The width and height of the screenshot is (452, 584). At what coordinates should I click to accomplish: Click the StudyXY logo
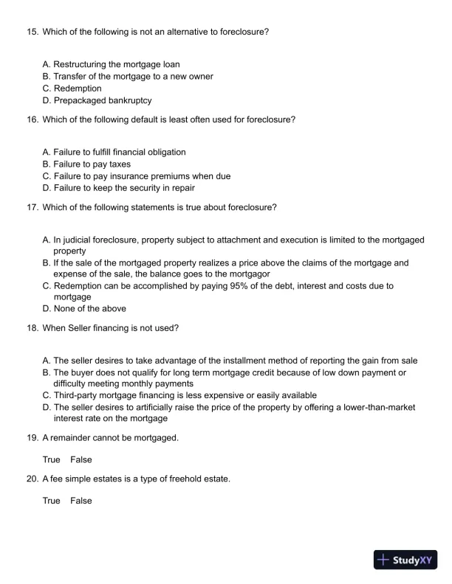point(406,560)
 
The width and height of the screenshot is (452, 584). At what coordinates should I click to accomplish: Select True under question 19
point(51,459)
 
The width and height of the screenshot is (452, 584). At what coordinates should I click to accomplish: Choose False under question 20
point(81,501)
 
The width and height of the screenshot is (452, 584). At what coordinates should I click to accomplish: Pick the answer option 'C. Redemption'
point(72,88)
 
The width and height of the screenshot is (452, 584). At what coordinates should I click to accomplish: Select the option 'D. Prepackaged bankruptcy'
point(97,100)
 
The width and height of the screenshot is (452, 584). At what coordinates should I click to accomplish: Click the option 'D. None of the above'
point(84,308)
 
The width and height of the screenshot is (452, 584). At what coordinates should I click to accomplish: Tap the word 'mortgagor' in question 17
point(249,274)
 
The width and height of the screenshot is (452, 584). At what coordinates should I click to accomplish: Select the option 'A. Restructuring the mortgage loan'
point(111,65)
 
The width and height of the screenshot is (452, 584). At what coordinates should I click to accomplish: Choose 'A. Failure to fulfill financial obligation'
point(114,152)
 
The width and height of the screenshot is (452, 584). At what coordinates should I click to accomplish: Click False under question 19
point(81,459)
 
